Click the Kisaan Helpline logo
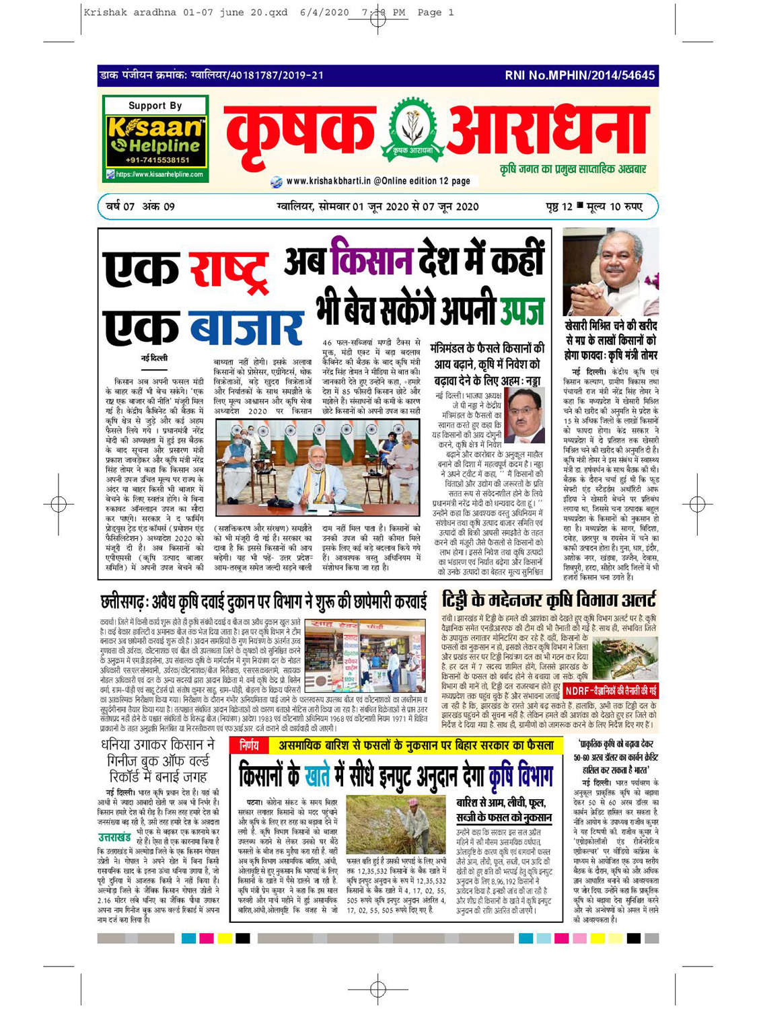click(x=155, y=138)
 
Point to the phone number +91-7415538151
click(x=155, y=160)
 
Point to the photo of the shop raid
click(x=365, y=656)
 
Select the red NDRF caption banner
click(x=610, y=691)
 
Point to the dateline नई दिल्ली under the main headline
click(x=154, y=359)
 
